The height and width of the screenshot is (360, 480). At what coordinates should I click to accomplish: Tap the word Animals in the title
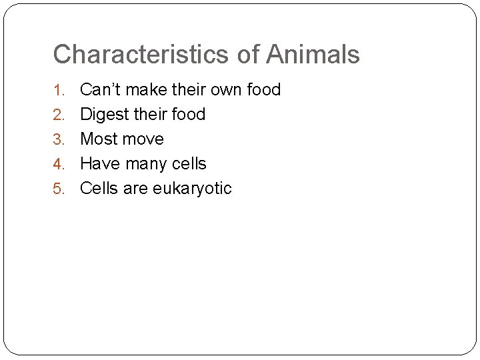(313, 55)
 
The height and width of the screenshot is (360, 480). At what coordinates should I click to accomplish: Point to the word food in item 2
(188, 114)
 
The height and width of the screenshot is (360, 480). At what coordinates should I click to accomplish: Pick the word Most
(99, 139)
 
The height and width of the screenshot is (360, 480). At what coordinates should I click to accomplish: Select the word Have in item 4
(99, 163)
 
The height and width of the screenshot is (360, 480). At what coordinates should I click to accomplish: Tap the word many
(146, 164)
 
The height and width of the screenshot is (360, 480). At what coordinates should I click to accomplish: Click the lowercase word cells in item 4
(190, 163)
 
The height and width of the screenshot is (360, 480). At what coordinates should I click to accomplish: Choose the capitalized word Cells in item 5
(98, 188)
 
